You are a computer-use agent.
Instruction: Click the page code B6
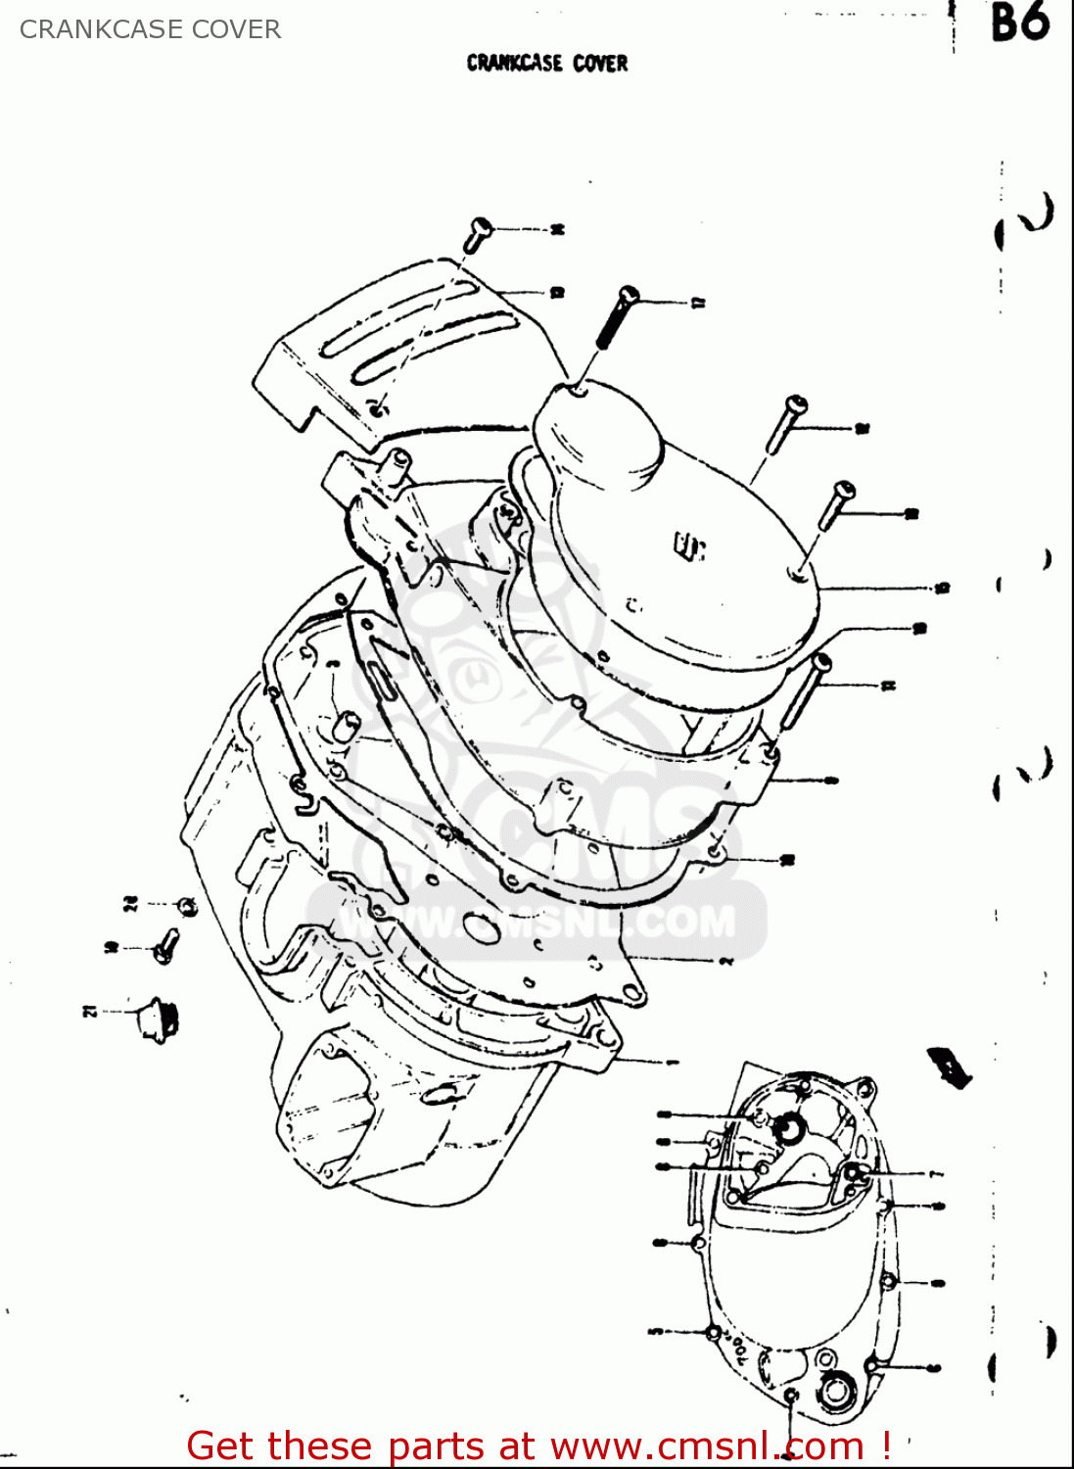click(x=1019, y=24)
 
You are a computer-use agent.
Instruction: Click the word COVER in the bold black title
click(x=600, y=64)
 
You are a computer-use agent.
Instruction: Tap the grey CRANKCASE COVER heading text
click(x=150, y=29)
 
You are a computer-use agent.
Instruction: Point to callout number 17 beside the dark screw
click(x=698, y=304)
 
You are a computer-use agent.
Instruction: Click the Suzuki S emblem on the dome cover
click(x=689, y=546)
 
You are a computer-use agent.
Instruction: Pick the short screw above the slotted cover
click(x=477, y=234)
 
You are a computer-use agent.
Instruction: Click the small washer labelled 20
click(x=187, y=907)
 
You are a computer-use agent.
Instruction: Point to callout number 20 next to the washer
click(x=130, y=903)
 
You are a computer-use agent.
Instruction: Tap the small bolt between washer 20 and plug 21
click(x=165, y=946)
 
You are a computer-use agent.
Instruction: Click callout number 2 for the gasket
click(x=725, y=962)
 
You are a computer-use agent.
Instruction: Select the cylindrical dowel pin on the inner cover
click(x=345, y=726)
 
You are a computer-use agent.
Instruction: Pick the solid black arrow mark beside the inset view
click(x=950, y=1066)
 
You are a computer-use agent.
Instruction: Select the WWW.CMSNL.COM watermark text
click(x=537, y=922)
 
